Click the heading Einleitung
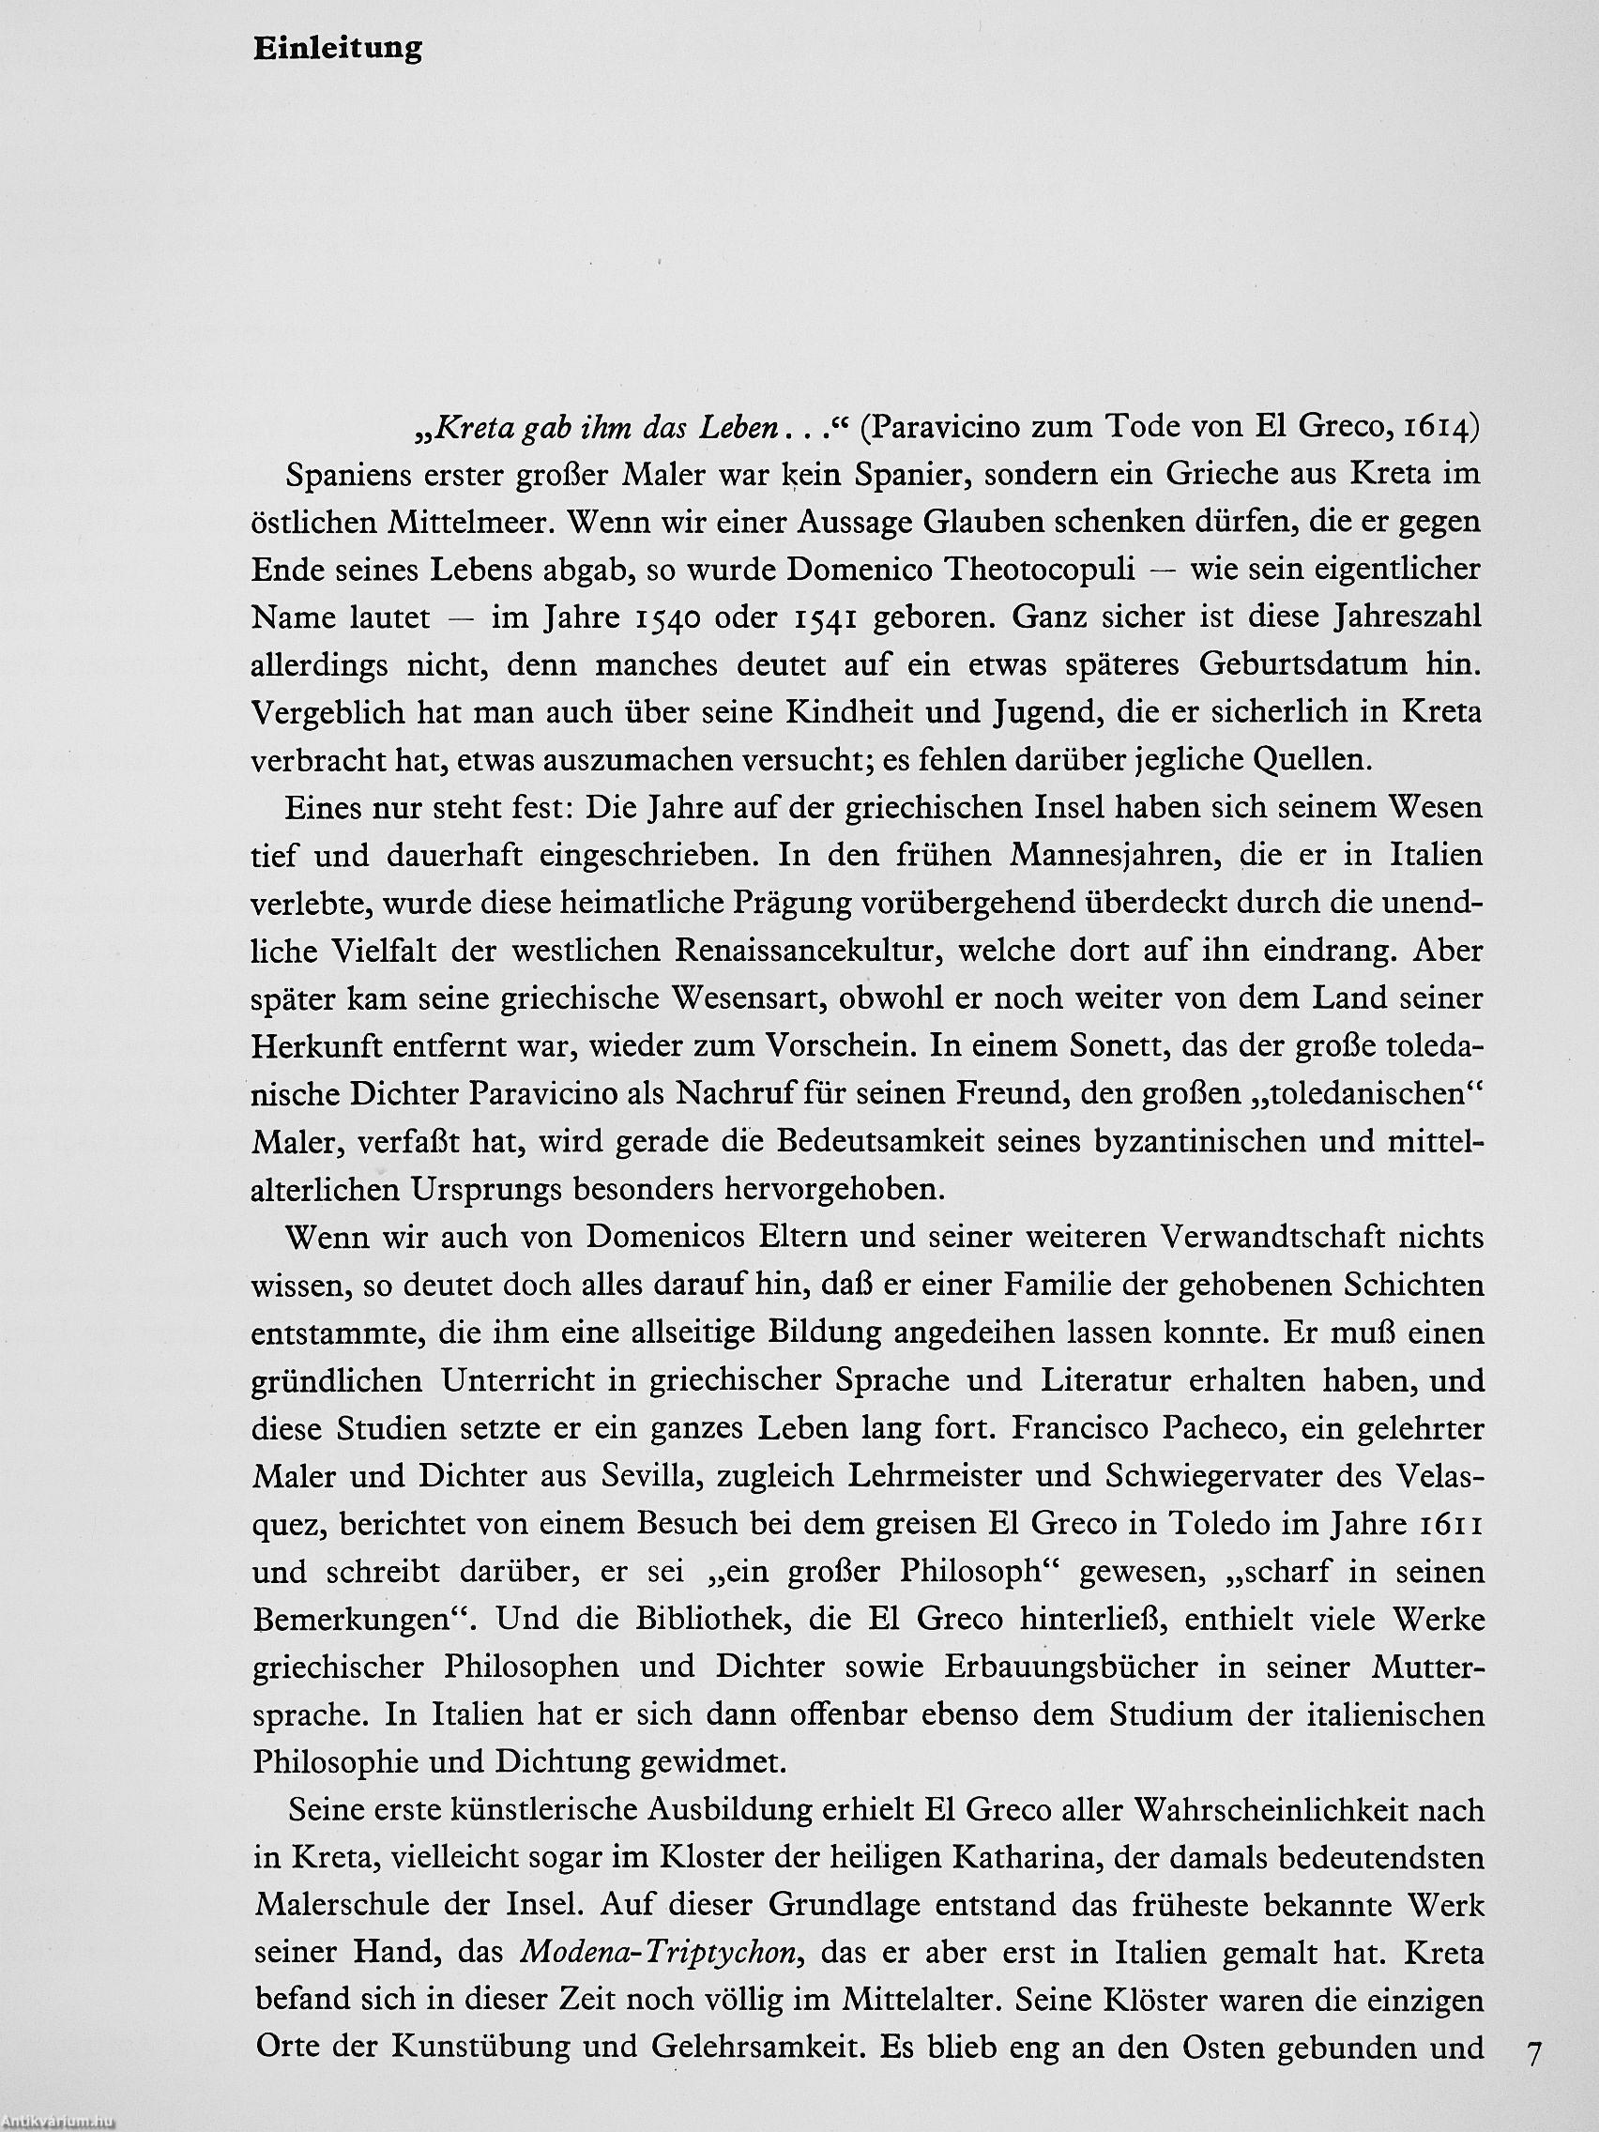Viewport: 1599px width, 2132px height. (x=337, y=49)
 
